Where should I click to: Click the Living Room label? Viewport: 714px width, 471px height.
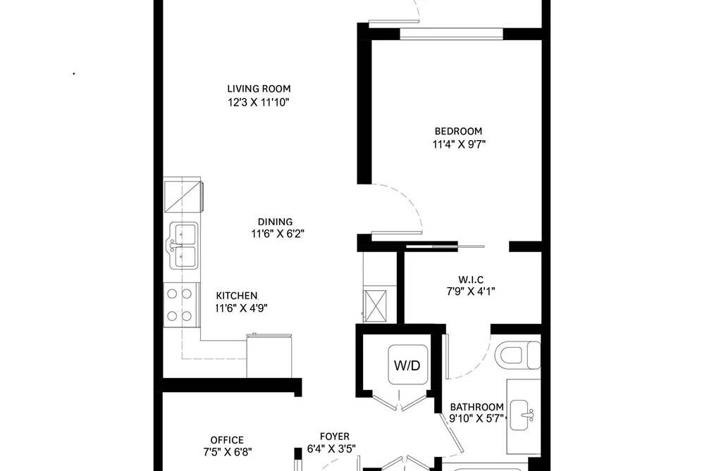coord(259,89)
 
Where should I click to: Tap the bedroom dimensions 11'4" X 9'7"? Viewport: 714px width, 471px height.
coord(459,144)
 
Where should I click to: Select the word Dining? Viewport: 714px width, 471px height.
coord(275,222)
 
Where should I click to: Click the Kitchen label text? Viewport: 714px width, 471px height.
coord(237,296)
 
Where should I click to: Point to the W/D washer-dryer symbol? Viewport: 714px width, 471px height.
coord(408,365)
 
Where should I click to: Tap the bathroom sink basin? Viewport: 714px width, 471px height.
coord(522,415)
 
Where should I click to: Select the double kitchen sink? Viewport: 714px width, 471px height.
coord(183,246)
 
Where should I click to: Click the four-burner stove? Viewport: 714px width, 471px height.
coord(180,305)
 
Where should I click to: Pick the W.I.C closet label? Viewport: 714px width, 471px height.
coord(471,280)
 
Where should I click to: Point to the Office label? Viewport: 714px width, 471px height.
coord(227,440)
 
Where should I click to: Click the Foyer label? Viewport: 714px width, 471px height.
coord(335,437)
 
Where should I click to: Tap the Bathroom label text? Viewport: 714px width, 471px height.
coord(476,407)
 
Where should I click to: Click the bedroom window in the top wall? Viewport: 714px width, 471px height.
coord(451,34)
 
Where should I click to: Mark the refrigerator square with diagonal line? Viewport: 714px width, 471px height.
coord(183,196)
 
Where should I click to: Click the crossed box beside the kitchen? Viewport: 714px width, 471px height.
coord(375,306)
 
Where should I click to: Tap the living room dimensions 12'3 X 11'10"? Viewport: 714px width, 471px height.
coord(259,102)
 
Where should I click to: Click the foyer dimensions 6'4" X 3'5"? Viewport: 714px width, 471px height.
coord(331,449)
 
